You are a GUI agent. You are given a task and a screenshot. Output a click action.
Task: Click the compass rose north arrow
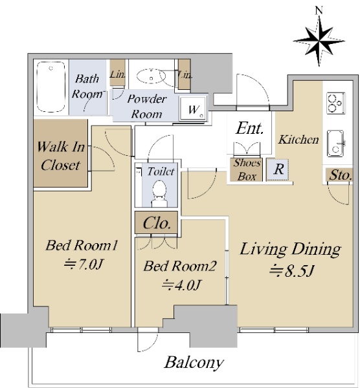(x=319, y=41)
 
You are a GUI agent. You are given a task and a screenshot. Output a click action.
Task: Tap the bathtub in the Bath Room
(x=51, y=87)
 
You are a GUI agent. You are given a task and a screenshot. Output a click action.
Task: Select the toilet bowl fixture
(x=159, y=193)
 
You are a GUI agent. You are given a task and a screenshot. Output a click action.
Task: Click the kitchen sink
(x=336, y=144)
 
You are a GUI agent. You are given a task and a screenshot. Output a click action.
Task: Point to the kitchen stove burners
(x=335, y=103)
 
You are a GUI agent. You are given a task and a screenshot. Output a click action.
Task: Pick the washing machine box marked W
(x=193, y=108)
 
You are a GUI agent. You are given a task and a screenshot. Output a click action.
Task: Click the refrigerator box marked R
(x=278, y=169)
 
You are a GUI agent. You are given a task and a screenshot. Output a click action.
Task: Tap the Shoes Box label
(x=247, y=169)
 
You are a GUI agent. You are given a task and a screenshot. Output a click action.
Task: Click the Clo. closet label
(x=157, y=223)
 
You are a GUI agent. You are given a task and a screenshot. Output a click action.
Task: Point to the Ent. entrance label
(x=249, y=129)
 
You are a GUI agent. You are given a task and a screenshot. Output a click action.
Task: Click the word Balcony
(x=194, y=363)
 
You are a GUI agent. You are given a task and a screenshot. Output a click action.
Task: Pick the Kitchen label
(x=298, y=139)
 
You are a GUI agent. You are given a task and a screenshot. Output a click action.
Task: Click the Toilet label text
(x=161, y=171)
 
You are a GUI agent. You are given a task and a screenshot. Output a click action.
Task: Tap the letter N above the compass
(x=319, y=10)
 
